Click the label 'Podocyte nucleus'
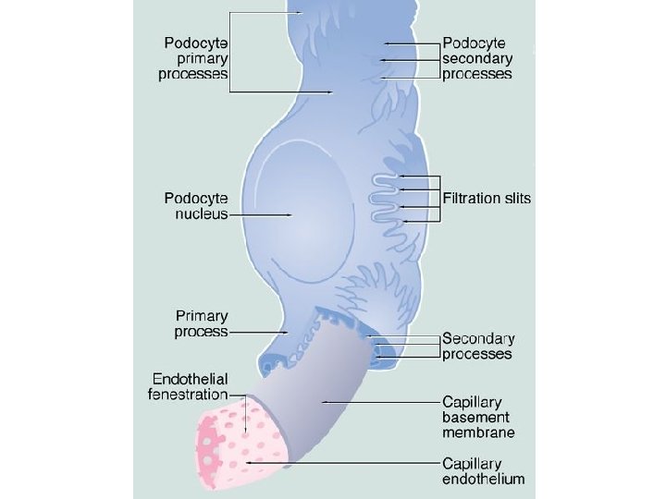[x=195, y=205]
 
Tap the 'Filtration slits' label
[x=487, y=198]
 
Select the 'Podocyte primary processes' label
[x=195, y=58]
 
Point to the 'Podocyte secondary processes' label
[x=477, y=58]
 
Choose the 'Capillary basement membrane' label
[x=477, y=417]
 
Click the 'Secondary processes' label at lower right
[x=477, y=346]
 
